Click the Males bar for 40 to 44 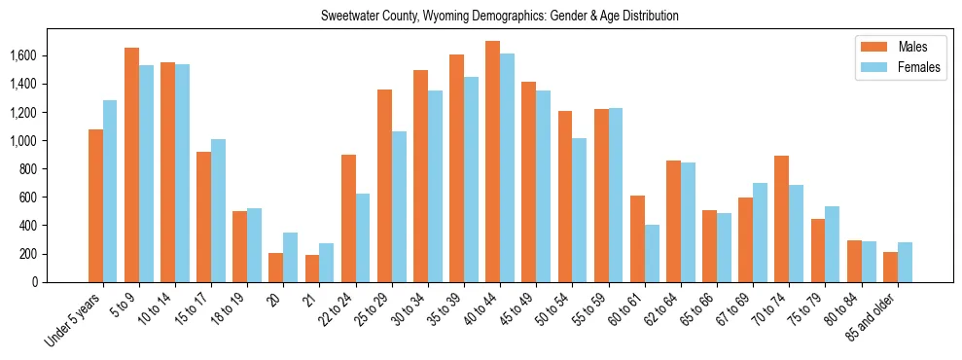tap(492, 162)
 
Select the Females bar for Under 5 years tap(110, 191)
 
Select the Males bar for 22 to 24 tap(348, 218)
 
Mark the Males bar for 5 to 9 tap(131, 164)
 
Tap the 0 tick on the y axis tap(60, 282)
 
